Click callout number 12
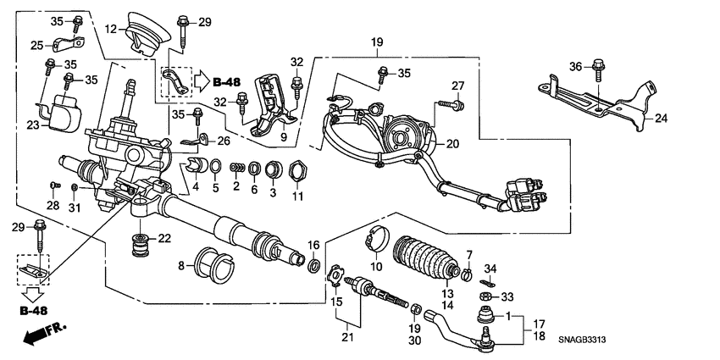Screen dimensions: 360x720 [x=110, y=30]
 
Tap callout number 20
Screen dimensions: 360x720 [x=452, y=144]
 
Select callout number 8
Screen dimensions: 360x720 [x=180, y=265]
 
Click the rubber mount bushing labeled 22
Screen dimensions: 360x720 [x=138, y=246]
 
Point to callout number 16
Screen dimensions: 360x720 [x=313, y=245]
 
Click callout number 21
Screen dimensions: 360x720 [x=345, y=339]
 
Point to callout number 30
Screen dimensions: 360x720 [x=415, y=341]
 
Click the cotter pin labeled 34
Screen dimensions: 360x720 [x=489, y=281]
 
